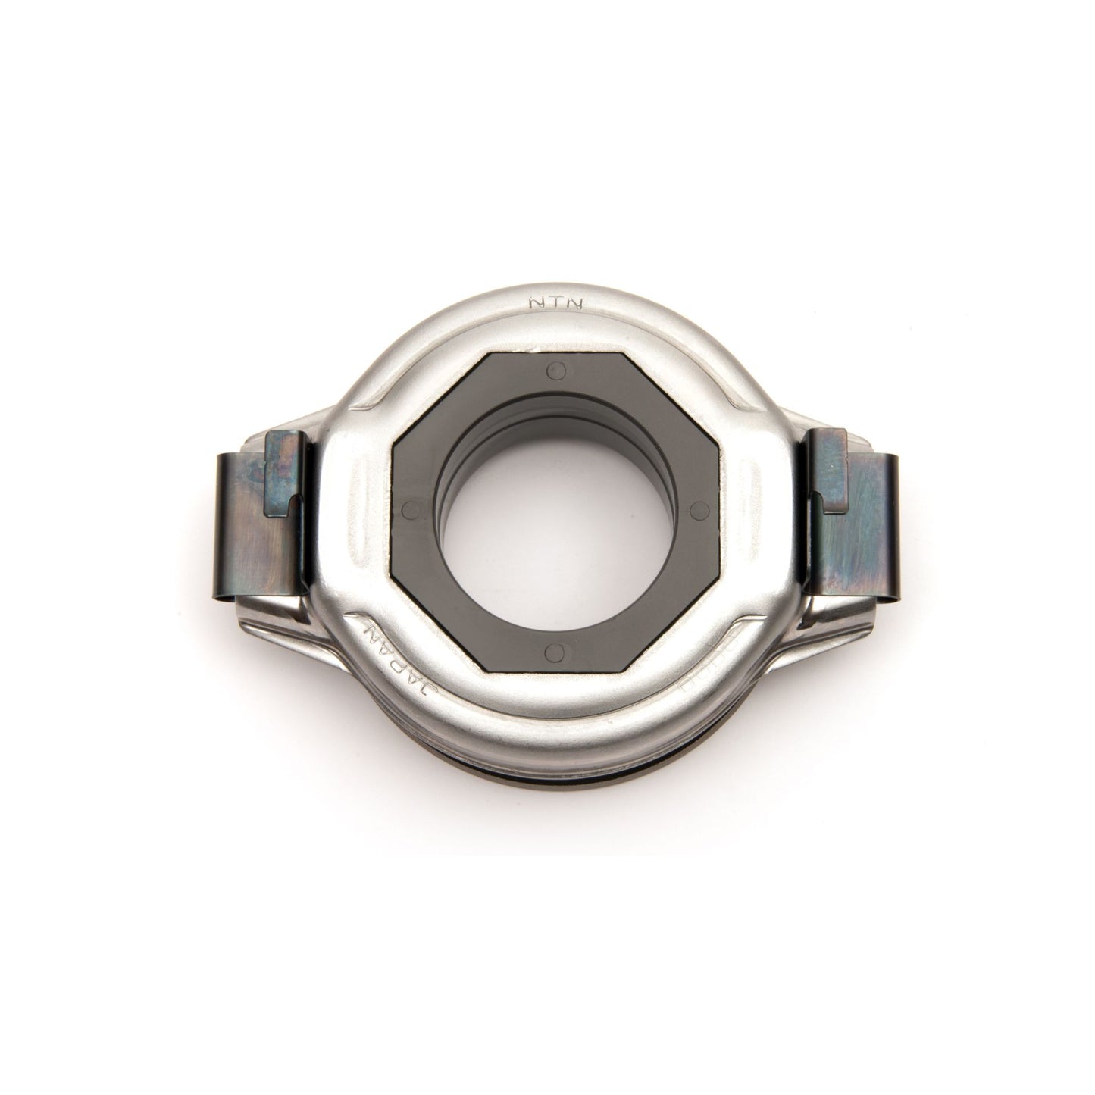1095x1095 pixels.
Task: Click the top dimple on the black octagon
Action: point(558,371)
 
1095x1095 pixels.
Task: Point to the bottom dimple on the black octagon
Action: point(555,630)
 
